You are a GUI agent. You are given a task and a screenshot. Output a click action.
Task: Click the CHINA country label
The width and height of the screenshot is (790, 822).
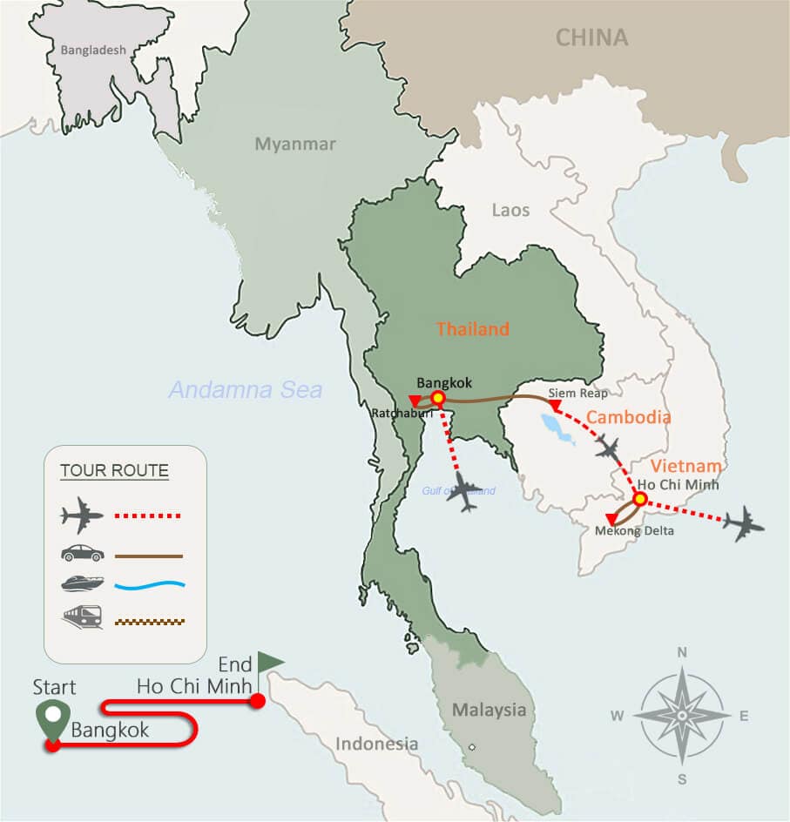[591, 37]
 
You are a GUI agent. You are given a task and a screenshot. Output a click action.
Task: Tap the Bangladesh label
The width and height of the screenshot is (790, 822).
[93, 51]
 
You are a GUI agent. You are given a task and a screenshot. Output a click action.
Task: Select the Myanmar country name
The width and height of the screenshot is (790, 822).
[294, 145]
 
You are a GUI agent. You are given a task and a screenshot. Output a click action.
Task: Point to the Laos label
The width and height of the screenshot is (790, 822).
[510, 211]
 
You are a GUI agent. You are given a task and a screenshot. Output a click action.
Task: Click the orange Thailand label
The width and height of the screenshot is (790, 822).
[472, 329]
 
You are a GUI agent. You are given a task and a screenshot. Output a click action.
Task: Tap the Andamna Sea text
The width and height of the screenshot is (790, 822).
[245, 390]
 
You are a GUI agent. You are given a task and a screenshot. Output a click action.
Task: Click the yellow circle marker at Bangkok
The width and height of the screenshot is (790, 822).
[438, 399]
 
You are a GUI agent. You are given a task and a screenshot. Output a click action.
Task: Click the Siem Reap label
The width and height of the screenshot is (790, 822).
[577, 394]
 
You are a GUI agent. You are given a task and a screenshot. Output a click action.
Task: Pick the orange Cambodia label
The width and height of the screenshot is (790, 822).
[628, 417]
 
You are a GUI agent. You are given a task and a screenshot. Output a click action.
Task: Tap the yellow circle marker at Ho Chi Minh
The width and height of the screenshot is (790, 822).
[639, 500]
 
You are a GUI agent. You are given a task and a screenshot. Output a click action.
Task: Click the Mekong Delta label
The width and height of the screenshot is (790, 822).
[634, 530]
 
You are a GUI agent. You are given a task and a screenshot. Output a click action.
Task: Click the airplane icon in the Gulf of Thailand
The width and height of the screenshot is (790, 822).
[467, 494]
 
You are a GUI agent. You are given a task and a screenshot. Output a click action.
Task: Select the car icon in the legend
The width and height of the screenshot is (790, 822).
[83, 553]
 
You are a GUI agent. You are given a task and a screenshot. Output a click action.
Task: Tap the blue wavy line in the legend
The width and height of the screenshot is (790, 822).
[149, 585]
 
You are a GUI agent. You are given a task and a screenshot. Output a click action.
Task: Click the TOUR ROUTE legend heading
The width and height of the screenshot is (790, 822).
[114, 471]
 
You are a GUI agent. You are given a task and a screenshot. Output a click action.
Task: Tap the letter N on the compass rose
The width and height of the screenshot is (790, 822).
[682, 652]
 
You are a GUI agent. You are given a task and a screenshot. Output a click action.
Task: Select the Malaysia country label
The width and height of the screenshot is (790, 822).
[489, 710]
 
